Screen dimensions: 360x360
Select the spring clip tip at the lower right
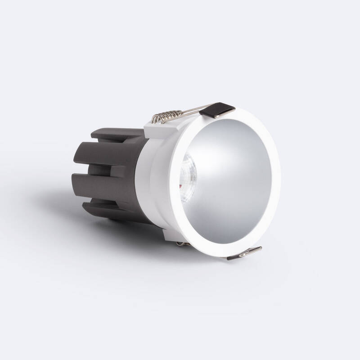[x=245, y=253]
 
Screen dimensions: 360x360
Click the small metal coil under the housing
[x=182, y=243]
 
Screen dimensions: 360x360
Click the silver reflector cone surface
[x=234, y=180]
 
